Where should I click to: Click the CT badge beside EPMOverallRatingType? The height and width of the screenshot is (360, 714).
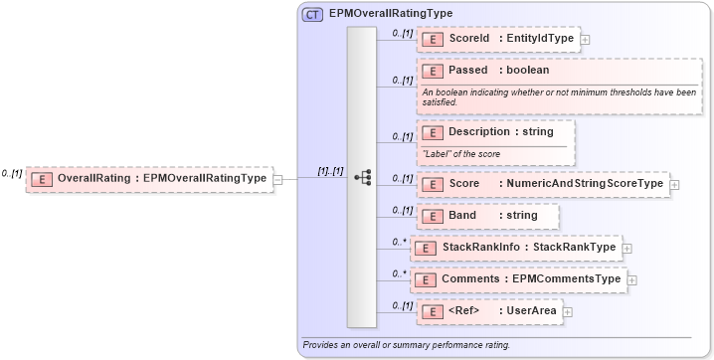tap(311, 13)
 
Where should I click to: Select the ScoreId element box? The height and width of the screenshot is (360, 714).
tap(498, 39)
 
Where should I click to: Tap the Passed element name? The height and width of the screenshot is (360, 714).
tap(468, 71)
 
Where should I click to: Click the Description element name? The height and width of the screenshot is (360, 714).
tap(478, 131)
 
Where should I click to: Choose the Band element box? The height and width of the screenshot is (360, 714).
tap(487, 216)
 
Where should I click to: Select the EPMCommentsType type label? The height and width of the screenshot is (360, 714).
tap(566, 279)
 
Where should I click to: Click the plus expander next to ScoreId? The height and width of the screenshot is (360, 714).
tap(584, 40)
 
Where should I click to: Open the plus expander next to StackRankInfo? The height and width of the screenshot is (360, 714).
tap(627, 248)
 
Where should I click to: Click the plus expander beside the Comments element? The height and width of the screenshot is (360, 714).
tap(631, 280)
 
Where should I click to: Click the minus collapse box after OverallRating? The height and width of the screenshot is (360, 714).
tap(277, 179)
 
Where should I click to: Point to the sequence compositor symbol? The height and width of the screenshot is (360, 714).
tap(363, 177)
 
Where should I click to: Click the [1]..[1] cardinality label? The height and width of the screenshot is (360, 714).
tap(330, 171)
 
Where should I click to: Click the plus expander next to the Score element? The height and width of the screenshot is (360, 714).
tap(674, 184)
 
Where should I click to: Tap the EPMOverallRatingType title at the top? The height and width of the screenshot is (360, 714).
tap(390, 13)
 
